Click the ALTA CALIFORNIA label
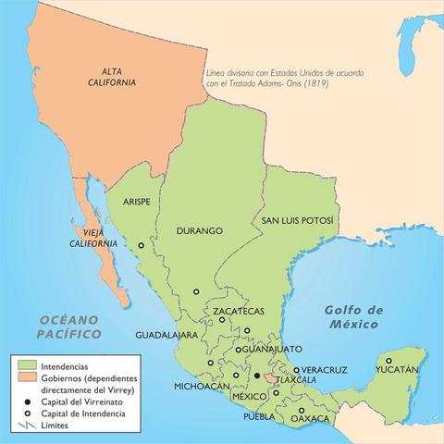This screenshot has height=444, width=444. click(117, 77)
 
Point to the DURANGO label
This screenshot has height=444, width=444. click(201, 229)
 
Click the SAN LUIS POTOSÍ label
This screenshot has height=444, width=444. click(295, 222)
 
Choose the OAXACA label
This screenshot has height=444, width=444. click(310, 419)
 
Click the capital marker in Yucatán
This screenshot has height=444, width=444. click(389, 360)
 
